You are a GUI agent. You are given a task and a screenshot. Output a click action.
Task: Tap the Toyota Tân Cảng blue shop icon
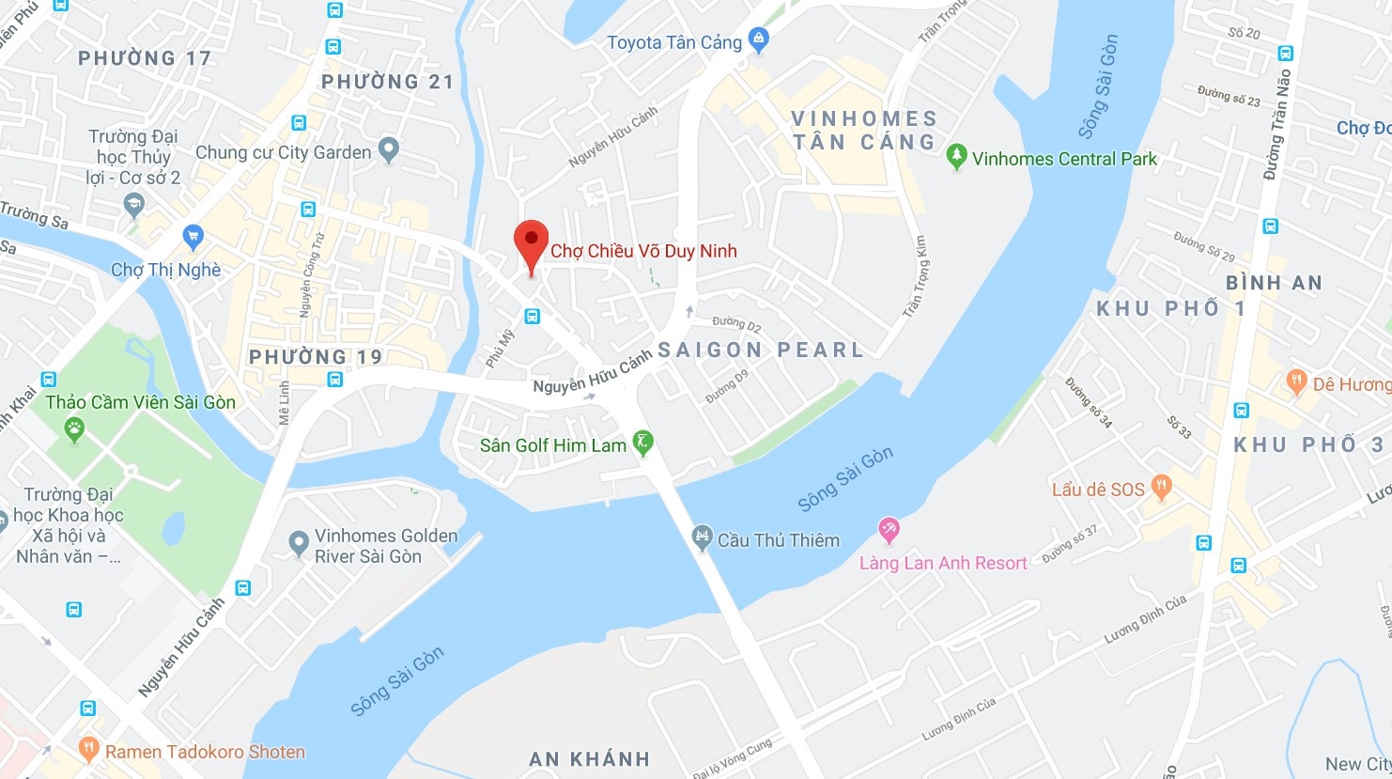point(759,39)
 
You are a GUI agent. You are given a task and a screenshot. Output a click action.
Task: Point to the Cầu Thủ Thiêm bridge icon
point(702,538)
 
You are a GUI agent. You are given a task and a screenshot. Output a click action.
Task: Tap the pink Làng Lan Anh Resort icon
point(889,530)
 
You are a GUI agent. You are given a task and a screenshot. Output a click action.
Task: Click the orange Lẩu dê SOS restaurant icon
point(1161,487)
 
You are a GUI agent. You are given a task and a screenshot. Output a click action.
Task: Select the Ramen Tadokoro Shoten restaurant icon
point(88,749)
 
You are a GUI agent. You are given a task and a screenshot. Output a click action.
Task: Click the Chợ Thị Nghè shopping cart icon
point(193,236)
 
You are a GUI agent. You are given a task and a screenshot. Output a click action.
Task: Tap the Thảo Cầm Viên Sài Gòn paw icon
point(74,430)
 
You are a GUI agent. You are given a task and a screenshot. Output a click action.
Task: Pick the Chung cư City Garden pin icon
point(388,149)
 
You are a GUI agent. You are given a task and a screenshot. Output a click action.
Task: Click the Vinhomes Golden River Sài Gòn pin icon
point(299,542)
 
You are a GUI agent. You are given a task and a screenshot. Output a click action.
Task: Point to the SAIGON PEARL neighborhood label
point(760,350)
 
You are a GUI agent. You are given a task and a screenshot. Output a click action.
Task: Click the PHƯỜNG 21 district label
point(387,82)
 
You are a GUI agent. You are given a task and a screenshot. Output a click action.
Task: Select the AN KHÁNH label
point(589,758)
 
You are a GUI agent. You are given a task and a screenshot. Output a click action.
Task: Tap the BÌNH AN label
point(1274,282)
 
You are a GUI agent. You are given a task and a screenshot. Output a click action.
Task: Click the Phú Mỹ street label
point(501,347)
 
